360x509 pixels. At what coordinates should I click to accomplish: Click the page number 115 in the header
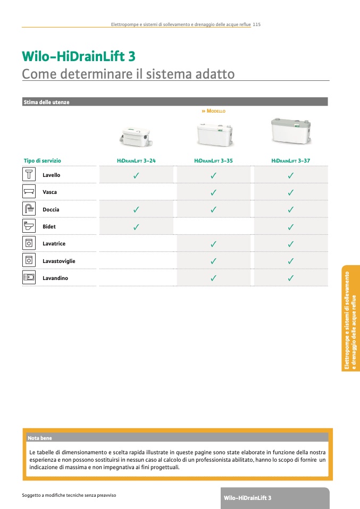pos(257,24)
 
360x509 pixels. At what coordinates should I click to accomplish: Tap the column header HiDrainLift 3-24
pos(136,160)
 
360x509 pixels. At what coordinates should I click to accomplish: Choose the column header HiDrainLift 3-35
pos(213,160)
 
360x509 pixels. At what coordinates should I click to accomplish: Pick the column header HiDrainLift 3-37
pos(290,160)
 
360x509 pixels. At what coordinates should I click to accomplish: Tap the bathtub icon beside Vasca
pos(29,192)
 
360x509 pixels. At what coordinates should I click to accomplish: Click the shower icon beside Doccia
pos(29,209)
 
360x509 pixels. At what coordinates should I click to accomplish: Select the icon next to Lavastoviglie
pos(29,260)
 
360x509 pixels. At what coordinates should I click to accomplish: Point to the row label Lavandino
pos(55,278)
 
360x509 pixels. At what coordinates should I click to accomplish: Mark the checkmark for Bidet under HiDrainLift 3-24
pos(136,227)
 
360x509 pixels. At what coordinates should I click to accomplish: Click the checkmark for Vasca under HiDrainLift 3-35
pos(213,192)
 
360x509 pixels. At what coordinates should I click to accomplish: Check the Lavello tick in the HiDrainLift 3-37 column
pos(291,175)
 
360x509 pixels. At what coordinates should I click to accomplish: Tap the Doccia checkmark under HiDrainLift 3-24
pos(136,209)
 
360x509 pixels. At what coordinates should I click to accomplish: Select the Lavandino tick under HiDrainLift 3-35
pos(213,278)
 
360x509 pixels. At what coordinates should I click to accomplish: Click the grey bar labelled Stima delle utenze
pos(175,102)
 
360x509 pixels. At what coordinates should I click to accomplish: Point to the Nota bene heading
pos(40,438)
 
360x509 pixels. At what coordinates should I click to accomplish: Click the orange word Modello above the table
pos(215,112)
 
